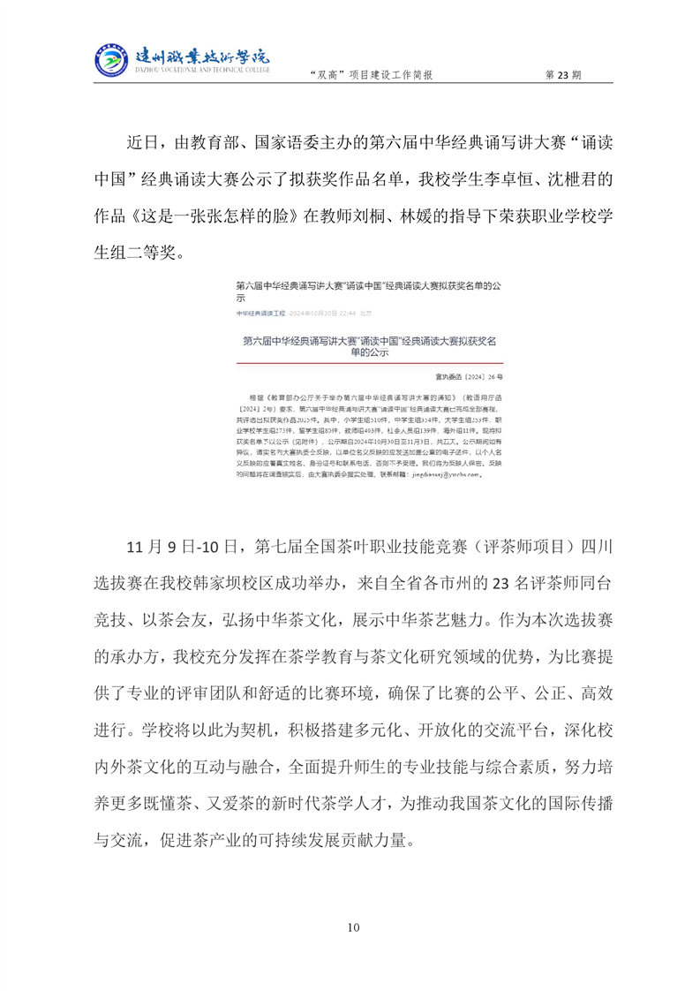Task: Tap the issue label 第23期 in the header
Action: (564, 76)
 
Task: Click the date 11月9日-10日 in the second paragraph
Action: (180, 547)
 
